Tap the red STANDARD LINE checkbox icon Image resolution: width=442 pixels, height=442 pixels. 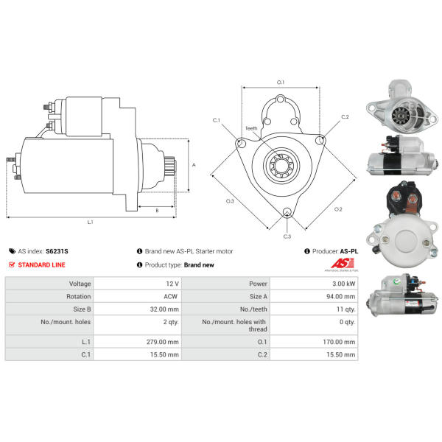[x=12, y=264]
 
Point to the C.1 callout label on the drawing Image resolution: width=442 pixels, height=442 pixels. [x=217, y=119]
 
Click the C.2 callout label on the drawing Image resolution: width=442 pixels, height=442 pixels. [x=345, y=117]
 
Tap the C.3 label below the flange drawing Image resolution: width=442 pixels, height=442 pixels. [x=287, y=236]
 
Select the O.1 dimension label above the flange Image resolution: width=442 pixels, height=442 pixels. [x=281, y=83]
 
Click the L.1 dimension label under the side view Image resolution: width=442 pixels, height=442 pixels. [x=90, y=222]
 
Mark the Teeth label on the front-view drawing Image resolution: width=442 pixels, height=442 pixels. [x=252, y=128]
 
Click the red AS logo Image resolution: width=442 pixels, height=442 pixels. [x=339, y=264]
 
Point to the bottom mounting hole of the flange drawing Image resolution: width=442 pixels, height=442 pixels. [x=287, y=214]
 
